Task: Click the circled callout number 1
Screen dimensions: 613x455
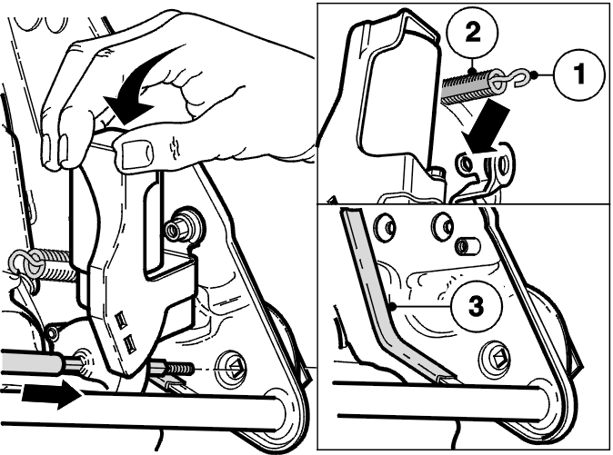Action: (579, 74)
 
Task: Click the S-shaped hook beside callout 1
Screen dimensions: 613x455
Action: (518, 76)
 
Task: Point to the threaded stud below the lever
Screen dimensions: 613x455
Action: (172, 367)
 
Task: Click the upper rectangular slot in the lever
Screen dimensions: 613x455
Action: (122, 318)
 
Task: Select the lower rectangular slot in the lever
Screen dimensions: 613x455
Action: (129, 343)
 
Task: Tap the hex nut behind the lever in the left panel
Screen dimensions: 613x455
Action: (178, 228)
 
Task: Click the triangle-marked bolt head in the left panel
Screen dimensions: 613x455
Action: (235, 367)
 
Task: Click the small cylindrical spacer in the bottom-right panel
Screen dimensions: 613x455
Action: (467, 247)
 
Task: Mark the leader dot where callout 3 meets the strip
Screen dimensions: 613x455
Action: (393, 307)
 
